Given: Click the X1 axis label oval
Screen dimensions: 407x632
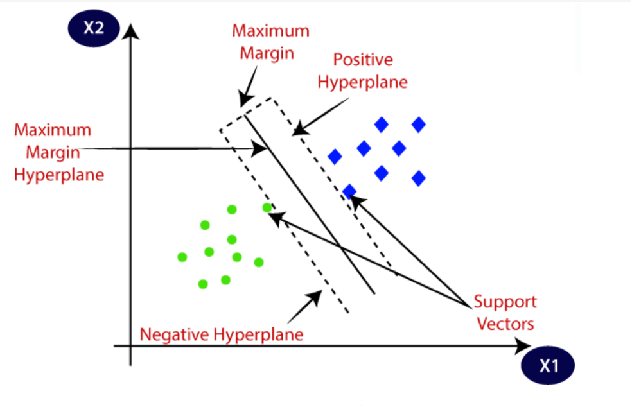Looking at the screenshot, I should [x=548, y=366].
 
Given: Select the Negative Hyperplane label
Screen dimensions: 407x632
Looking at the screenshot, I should [x=222, y=334].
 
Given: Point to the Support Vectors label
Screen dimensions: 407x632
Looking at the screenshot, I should [x=504, y=313].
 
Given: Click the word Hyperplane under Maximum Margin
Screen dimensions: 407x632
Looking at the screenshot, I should [x=58, y=174].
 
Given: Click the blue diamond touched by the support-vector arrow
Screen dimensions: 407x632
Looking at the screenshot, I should [x=349, y=191].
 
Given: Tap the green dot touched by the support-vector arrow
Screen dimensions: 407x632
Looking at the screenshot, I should [x=267, y=207].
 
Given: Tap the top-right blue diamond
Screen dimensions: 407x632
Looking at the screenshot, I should [x=419, y=125].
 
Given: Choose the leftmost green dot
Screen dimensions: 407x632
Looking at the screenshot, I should [x=182, y=257].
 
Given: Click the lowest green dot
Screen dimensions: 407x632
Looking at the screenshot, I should [x=203, y=284].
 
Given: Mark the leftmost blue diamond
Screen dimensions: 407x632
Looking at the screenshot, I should [x=335, y=157].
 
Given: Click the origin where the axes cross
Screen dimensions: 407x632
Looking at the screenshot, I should [x=130, y=347].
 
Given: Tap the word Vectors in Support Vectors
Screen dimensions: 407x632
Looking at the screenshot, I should [x=504, y=324].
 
